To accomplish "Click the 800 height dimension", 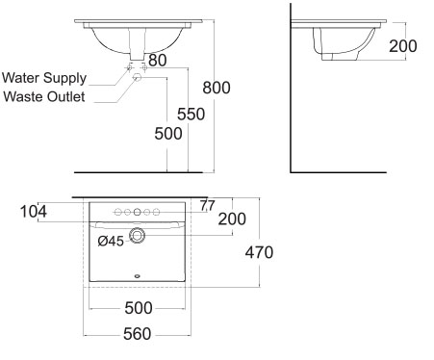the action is pyautogui.click(x=217, y=88).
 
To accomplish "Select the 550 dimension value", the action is pyautogui.click(x=191, y=115).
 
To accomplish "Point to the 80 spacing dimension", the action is pyautogui.click(x=158, y=61).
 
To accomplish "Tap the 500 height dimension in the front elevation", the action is pyautogui.click(x=168, y=134).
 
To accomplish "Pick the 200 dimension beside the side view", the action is pyautogui.click(x=403, y=46).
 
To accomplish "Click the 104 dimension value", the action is pyautogui.click(x=34, y=212).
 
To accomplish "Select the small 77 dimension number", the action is pyautogui.click(x=208, y=206).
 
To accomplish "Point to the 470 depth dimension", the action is pyautogui.click(x=259, y=252).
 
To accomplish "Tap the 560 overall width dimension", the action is pyautogui.click(x=138, y=334).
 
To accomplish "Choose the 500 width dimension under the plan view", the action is pyautogui.click(x=139, y=308).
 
